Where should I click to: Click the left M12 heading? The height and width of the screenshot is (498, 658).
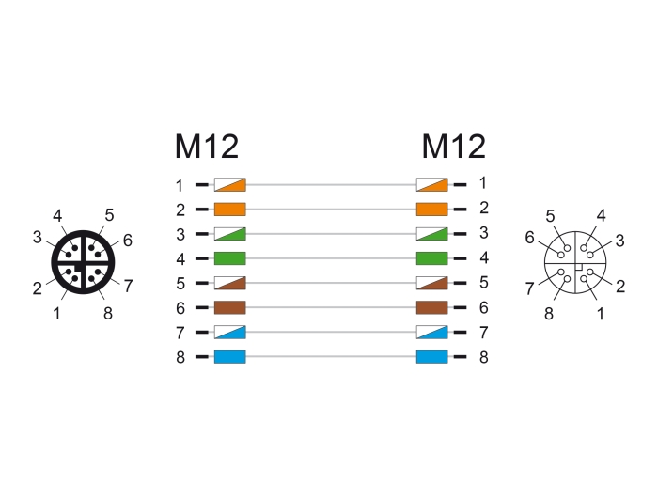[207, 147]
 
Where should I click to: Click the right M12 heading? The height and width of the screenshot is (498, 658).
[454, 147]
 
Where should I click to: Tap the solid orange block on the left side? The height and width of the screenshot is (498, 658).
[230, 210]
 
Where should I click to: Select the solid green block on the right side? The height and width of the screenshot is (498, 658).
[431, 258]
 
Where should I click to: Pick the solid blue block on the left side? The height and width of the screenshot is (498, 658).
[230, 357]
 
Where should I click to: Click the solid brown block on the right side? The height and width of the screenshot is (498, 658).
[431, 307]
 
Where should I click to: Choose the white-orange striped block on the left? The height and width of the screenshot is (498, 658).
[230, 184]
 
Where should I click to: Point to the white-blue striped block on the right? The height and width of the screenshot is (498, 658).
[431, 332]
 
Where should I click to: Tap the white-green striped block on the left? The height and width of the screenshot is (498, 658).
[230, 234]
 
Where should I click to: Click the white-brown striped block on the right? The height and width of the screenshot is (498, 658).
[431, 283]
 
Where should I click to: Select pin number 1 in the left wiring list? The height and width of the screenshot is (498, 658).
[180, 185]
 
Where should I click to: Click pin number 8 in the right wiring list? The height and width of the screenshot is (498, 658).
[483, 357]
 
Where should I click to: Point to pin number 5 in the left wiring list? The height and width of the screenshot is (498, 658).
[180, 284]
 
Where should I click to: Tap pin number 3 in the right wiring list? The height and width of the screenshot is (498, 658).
[483, 233]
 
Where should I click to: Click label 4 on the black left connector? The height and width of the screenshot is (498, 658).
[57, 216]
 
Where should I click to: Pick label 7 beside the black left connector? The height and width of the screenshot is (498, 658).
[128, 287]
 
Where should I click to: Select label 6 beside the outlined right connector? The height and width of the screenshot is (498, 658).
[529, 238]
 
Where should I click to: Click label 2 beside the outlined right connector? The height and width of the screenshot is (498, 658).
[620, 287]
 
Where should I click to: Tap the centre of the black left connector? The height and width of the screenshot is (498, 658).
[83, 262]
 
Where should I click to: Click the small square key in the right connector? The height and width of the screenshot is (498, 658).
[579, 266]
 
